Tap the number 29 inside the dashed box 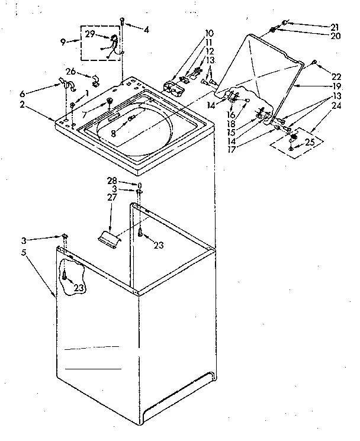tap(89, 35)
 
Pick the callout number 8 tap(113, 134)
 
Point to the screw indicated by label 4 tap(123, 22)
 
